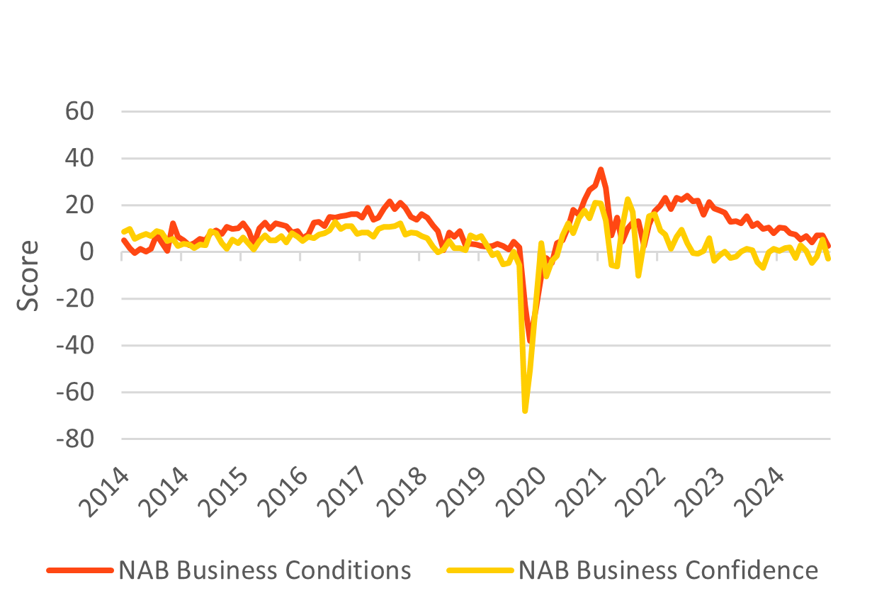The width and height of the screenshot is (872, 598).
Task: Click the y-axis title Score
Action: [x=28, y=276]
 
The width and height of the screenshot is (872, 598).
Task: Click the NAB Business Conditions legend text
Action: [x=265, y=570]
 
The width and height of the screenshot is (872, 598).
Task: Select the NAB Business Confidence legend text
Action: [x=668, y=570]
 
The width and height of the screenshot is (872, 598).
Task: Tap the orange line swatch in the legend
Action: [x=79, y=570]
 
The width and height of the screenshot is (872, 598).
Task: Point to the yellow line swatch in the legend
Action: [x=480, y=570]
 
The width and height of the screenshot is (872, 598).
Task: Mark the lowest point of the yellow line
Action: [x=525, y=411]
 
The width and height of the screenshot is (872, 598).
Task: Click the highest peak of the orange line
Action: [x=600, y=169]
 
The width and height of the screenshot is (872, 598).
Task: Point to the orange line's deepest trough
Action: [x=528, y=341]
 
